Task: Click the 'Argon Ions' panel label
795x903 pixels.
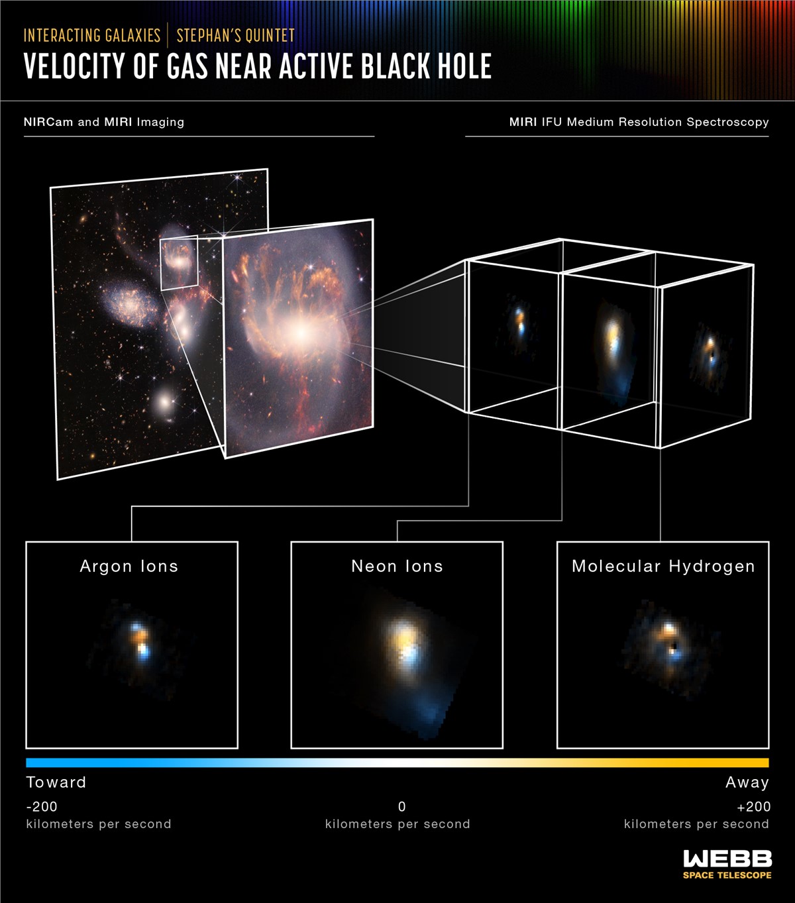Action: [x=129, y=566]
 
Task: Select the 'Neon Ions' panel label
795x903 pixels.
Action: [x=397, y=566]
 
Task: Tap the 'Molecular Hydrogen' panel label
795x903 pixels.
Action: [x=663, y=566]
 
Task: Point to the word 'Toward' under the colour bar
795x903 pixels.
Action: [x=56, y=782]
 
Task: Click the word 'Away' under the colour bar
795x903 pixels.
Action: [x=747, y=782]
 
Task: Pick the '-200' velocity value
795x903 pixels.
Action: [x=42, y=807]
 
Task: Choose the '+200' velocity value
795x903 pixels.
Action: [x=753, y=807]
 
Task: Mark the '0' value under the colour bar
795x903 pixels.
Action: [x=401, y=807]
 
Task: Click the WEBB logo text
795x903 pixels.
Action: [x=727, y=859]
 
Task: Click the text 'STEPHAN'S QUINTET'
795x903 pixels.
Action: [x=235, y=35]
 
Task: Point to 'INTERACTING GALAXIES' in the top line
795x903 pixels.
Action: [x=92, y=35]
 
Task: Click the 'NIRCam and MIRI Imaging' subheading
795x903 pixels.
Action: [x=104, y=122]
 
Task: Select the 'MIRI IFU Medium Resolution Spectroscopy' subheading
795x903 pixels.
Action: [x=639, y=122]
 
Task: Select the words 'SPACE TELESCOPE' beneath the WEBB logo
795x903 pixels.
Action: [x=727, y=875]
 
